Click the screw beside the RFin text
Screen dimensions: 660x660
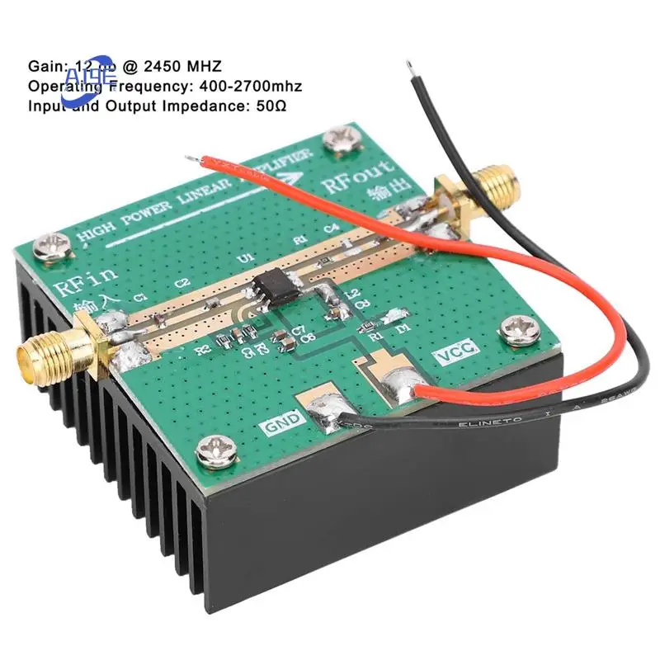click(55, 244)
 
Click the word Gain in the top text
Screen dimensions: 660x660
click(44, 64)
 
